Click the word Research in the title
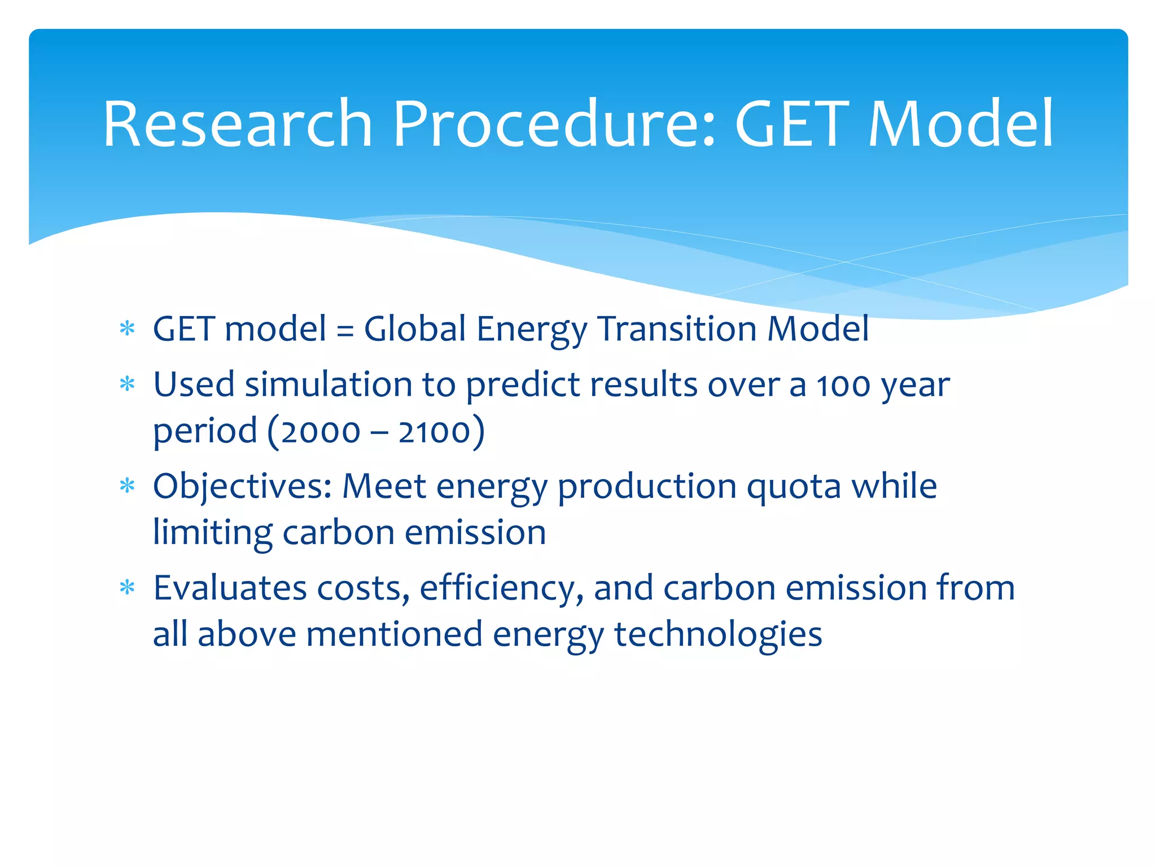pyautogui.click(x=237, y=124)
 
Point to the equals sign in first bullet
pyautogui.click(x=345, y=330)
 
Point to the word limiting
pyautogui.click(x=212, y=533)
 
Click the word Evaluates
pyautogui.click(x=229, y=588)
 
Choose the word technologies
pyautogui.click(x=717, y=635)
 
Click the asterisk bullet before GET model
pyautogui.click(x=128, y=329)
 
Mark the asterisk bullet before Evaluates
pyautogui.click(x=128, y=588)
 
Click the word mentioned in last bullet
pyautogui.click(x=394, y=634)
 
